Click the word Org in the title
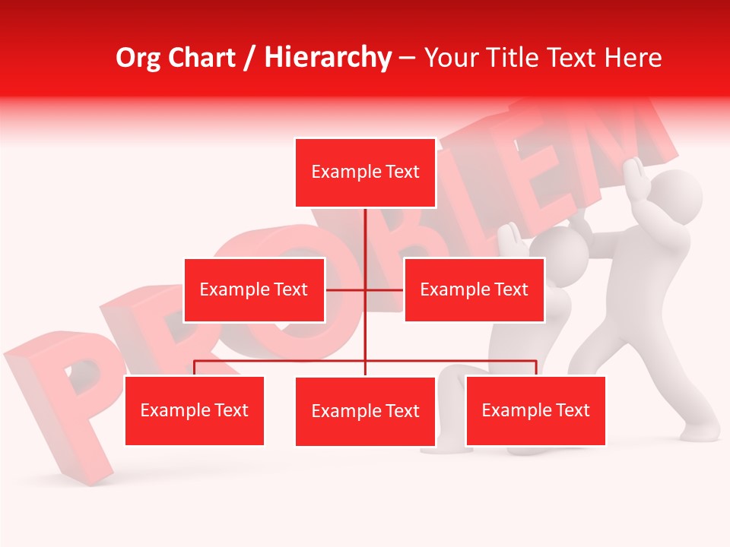coord(139,58)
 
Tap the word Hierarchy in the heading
coord(328,58)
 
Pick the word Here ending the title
coord(633,58)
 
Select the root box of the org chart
coord(365,172)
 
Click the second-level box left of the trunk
coord(254,289)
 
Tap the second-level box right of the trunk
coord(474,289)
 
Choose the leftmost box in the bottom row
coord(194,411)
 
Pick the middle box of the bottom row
coord(365,411)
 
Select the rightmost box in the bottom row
coord(535,411)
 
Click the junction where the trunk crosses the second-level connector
coord(365,289)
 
